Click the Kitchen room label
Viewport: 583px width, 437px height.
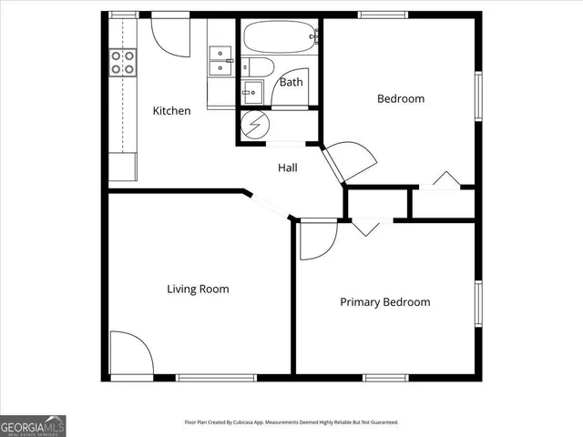click(171, 111)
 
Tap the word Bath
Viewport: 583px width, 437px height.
click(291, 82)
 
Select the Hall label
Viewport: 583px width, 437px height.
click(287, 168)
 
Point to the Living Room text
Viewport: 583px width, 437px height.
click(198, 290)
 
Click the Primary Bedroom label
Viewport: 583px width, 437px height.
click(384, 302)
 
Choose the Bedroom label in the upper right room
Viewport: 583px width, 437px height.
click(401, 99)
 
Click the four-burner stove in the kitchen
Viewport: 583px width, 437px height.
click(123, 62)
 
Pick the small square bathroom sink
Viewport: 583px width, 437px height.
click(252, 92)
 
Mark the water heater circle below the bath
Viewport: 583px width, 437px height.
click(252, 126)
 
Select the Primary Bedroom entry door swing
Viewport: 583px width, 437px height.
click(318, 239)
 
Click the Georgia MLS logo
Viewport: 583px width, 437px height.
click(33, 425)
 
